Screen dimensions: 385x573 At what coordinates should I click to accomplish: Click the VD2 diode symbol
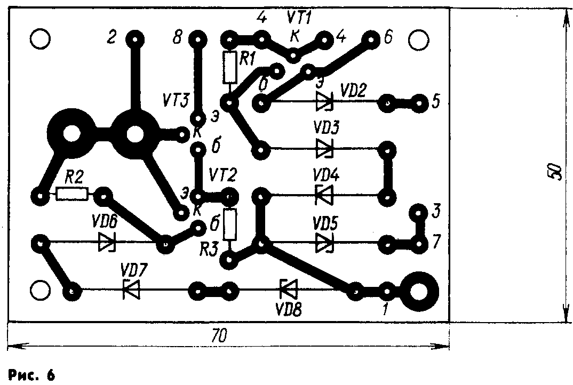pos(324,101)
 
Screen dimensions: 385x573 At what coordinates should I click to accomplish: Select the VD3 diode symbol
pos(324,148)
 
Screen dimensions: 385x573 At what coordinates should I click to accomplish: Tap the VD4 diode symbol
pos(324,195)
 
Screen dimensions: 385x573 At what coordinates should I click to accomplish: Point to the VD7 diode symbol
pos(130,291)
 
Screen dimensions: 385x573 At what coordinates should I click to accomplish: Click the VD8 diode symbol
pos(289,291)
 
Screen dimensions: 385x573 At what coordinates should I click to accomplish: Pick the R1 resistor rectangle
pos(230,67)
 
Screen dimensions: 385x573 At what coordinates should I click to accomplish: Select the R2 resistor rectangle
pos(72,195)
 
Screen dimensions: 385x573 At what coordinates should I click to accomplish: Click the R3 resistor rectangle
pos(230,224)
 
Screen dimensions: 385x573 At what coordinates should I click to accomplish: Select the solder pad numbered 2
pos(134,39)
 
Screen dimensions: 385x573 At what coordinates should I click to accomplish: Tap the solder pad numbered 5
pos(420,101)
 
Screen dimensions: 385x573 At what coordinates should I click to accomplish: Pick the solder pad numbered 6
pos(369,39)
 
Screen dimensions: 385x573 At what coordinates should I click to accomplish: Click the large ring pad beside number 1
pos(420,291)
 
